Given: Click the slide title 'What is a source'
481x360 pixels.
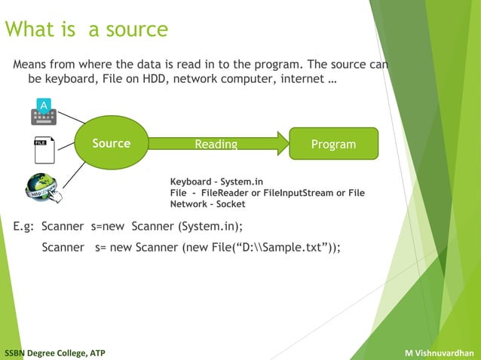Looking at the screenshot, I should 86,30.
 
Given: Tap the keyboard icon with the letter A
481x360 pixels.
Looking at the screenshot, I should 44,111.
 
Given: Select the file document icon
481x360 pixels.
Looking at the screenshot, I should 44,150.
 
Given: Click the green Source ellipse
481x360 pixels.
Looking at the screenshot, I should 111,144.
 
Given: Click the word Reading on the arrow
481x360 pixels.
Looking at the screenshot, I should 216,145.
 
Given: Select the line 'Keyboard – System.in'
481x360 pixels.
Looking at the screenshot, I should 217,182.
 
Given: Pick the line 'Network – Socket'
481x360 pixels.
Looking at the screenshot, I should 207,204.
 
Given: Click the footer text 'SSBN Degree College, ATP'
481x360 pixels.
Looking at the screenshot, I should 55,352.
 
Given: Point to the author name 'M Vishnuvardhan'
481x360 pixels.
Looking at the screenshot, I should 439,352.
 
